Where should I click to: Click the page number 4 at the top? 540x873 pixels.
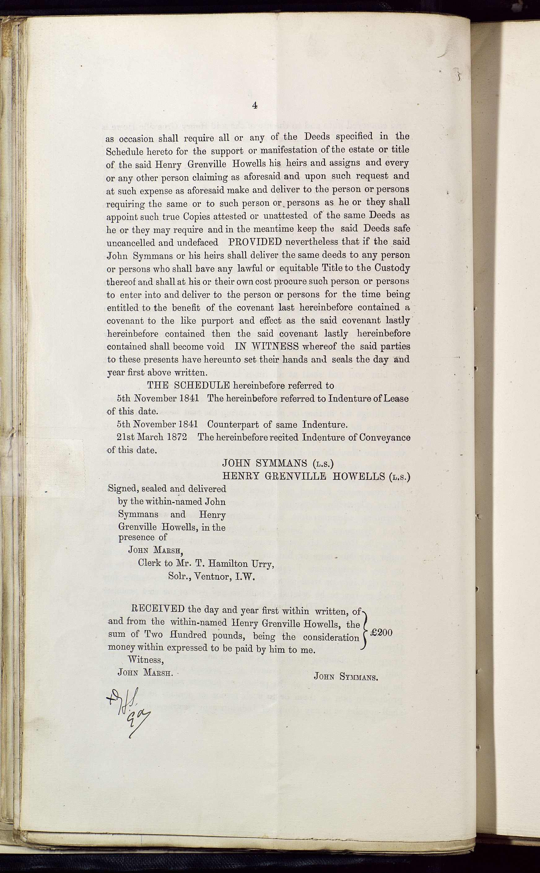pyautogui.click(x=255, y=105)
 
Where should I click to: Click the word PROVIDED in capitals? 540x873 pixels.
pyautogui.click(x=255, y=242)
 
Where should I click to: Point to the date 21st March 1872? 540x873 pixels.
pyautogui.click(x=152, y=437)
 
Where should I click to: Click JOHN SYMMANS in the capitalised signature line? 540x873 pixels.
pyautogui.click(x=264, y=463)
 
